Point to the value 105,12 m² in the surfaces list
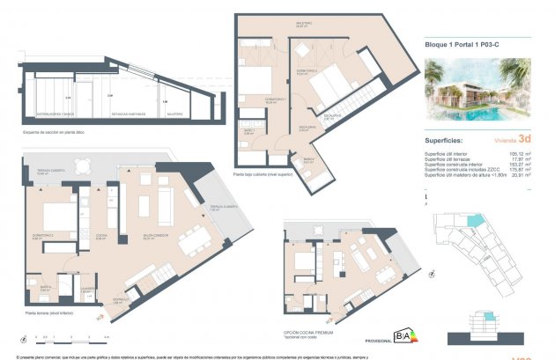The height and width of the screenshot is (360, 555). click(x=514, y=152)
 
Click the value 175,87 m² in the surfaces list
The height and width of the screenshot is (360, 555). click(x=514, y=171)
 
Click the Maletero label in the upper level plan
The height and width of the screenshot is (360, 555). click(x=305, y=26)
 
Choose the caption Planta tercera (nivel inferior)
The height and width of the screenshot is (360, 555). click(x=49, y=312)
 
